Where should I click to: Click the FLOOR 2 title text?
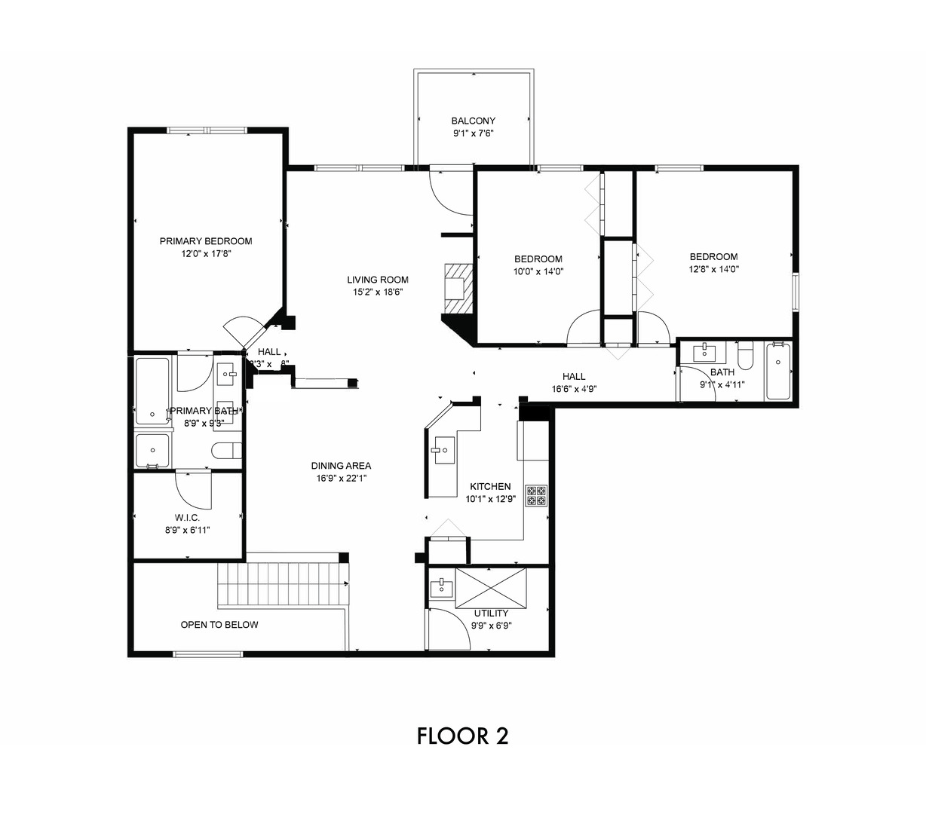click(462, 736)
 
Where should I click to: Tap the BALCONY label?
click(474, 121)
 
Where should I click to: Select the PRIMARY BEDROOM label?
click(206, 241)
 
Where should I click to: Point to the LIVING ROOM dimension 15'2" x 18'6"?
click(378, 292)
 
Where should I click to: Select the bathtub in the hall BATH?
click(778, 371)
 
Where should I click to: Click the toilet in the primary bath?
click(227, 451)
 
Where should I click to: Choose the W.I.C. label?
click(187, 518)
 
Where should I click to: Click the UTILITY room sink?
click(441, 587)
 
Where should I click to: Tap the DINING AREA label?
click(341, 466)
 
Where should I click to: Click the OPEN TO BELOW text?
click(219, 625)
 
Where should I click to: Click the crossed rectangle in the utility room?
click(492, 588)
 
